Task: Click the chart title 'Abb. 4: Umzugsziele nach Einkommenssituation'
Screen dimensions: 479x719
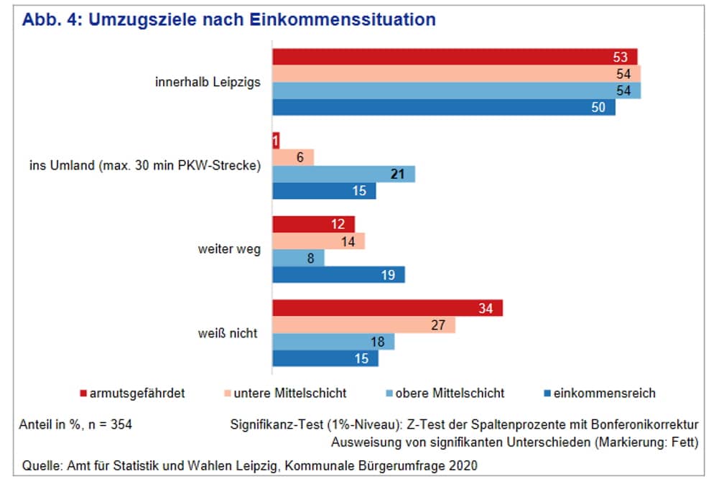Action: tap(229, 19)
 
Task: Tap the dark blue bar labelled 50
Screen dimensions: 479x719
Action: tap(443, 108)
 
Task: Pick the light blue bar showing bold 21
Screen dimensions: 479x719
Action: tap(343, 174)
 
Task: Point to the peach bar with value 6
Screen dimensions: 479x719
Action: tap(293, 157)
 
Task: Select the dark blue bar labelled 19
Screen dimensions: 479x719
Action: tap(338, 275)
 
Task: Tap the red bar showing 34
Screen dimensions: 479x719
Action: tap(387, 309)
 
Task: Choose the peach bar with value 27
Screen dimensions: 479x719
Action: tap(363, 325)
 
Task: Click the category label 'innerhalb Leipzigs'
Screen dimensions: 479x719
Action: tap(208, 83)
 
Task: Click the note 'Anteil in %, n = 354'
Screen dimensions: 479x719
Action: tap(76, 424)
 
